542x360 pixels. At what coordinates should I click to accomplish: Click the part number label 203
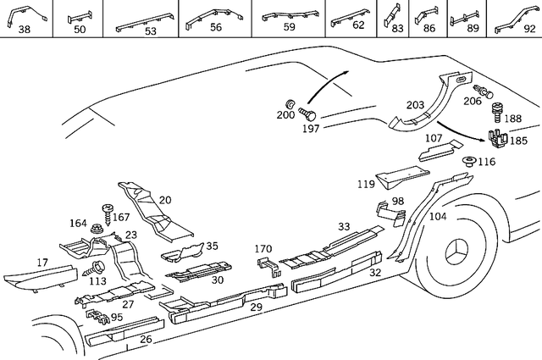pos(415,105)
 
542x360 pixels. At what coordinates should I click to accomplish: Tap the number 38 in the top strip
pos(25,30)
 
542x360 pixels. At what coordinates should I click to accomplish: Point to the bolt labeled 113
pos(88,269)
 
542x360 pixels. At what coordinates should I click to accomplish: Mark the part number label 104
pos(437,217)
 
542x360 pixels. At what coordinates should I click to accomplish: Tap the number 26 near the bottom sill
pos(146,340)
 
